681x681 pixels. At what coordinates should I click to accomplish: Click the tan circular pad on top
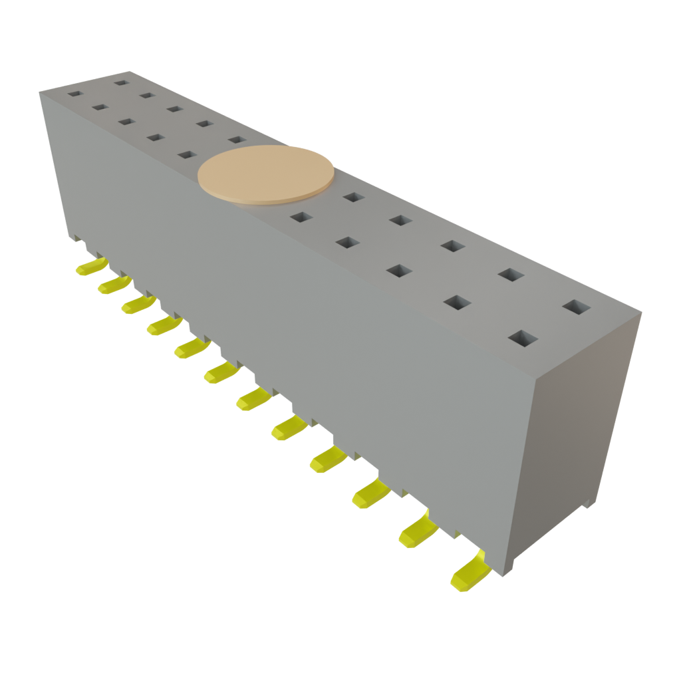pyautogui.click(x=266, y=172)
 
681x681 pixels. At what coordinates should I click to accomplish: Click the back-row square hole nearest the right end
pyautogui.click(x=576, y=307)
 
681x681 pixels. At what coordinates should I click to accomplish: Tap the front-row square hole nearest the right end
pyautogui.click(x=523, y=338)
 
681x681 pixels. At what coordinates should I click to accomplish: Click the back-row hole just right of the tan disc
pyautogui.click(x=354, y=197)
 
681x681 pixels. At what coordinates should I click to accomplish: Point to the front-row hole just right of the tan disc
pyautogui.click(x=301, y=217)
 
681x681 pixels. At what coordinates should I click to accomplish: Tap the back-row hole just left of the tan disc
pyautogui.click(x=236, y=140)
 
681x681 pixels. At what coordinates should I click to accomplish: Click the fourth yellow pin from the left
pyautogui.click(x=164, y=325)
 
